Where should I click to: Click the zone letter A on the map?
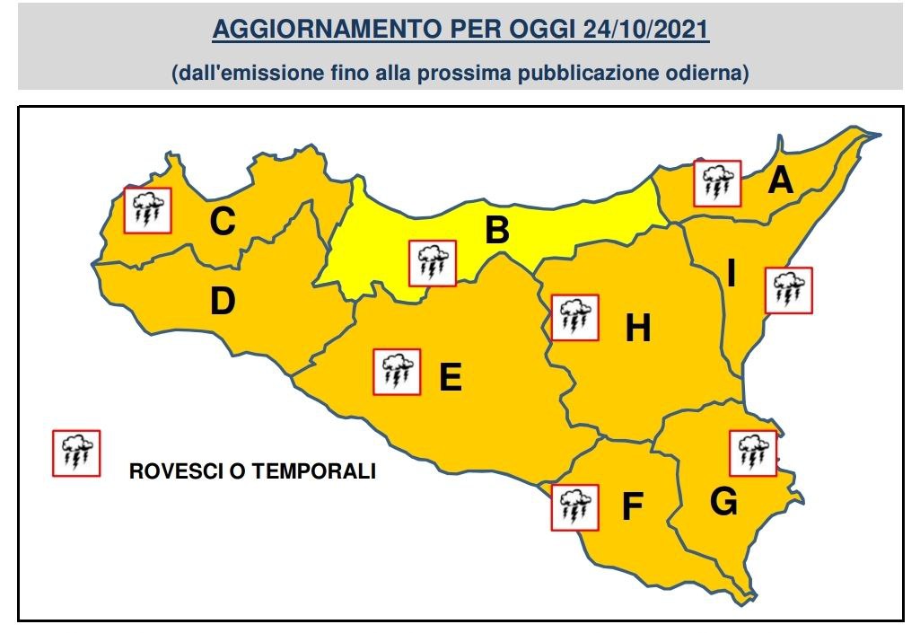(x=781, y=181)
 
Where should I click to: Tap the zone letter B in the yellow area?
(x=496, y=232)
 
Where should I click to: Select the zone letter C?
(x=222, y=222)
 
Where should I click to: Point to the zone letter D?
(x=222, y=303)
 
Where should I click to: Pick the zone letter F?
(x=633, y=508)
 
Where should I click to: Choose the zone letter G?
(x=723, y=503)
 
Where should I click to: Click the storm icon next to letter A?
(x=717, y=183)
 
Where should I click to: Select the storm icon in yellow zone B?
(x=433, y=263)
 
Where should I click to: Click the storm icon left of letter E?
(x=396, y=372)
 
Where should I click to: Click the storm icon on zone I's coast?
(x=788, y=290)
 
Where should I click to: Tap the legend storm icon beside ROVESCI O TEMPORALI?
(x=76, y=453)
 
